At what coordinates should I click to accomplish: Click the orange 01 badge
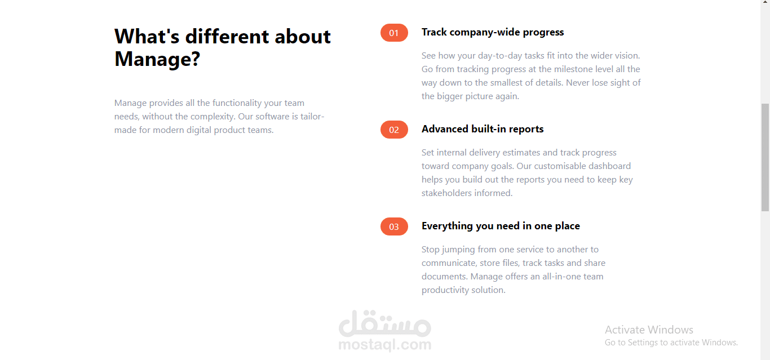[x=394, y=33]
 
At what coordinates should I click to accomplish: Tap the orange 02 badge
[x=394, y=130]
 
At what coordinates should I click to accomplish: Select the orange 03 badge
[x=394, y=226]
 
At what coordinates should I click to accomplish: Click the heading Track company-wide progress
[x=493, y=32]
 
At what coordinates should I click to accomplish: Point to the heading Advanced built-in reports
[x=483, y=129]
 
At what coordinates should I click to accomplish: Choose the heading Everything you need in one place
[x=501, y=226]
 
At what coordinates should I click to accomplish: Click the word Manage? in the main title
[x=157, y=59]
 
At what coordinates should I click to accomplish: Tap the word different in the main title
[x=227, y=37]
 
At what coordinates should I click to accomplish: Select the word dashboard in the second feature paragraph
[x=609, y=166]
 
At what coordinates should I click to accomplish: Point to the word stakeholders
[x=447, y=193]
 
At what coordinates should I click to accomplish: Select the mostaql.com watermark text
[x=385, y=344]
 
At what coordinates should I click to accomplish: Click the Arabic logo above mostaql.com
[x=385, y=323]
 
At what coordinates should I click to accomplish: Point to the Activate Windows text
[x=649, y=330]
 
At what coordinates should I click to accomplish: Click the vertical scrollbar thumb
[x=765, y=157]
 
